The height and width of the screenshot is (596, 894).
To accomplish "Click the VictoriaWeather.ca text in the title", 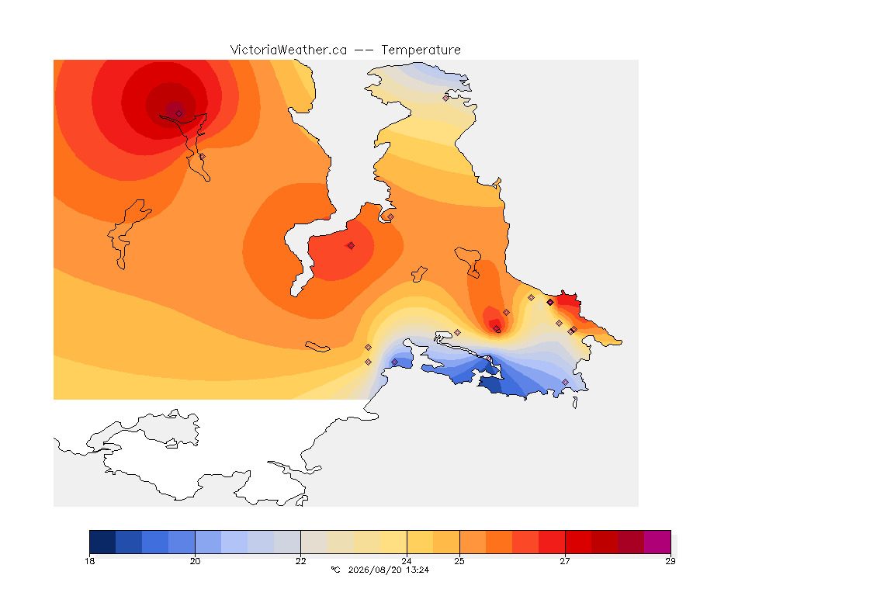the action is click(289, 50).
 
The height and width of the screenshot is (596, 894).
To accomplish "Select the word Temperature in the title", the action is click(421, 50).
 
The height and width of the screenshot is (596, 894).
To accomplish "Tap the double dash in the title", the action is click(364, 50).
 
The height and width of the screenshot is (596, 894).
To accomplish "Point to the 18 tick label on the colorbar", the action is click(89, 561).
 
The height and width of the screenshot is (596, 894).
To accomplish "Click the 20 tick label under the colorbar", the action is click(195, 561).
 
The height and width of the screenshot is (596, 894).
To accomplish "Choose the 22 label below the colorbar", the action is click(300, 561).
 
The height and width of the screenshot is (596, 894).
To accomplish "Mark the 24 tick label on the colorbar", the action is click(407, 561).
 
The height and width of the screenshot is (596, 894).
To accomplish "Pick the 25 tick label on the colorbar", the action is click(459, 561).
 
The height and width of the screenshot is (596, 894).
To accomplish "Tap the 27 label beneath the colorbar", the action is click(565, 561).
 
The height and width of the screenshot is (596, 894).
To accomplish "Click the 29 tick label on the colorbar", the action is click(670, 561).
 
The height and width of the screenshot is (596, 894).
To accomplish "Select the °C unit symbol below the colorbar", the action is click(335, 570).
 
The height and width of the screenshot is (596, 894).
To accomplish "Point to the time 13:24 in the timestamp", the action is click(417, 570).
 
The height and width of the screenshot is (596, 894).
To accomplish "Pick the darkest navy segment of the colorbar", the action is click(102, 542).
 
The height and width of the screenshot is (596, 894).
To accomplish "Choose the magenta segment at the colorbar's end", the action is click(657, 542).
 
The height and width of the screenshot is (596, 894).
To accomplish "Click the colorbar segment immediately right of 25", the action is click(473, 542).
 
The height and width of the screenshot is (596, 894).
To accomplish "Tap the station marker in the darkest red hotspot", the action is click(179, 114).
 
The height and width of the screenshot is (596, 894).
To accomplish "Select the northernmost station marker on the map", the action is click(446, 98).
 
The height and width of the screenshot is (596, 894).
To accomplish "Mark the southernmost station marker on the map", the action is click(565, 382).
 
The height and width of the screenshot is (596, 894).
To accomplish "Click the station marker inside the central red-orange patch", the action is click(352, 246).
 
